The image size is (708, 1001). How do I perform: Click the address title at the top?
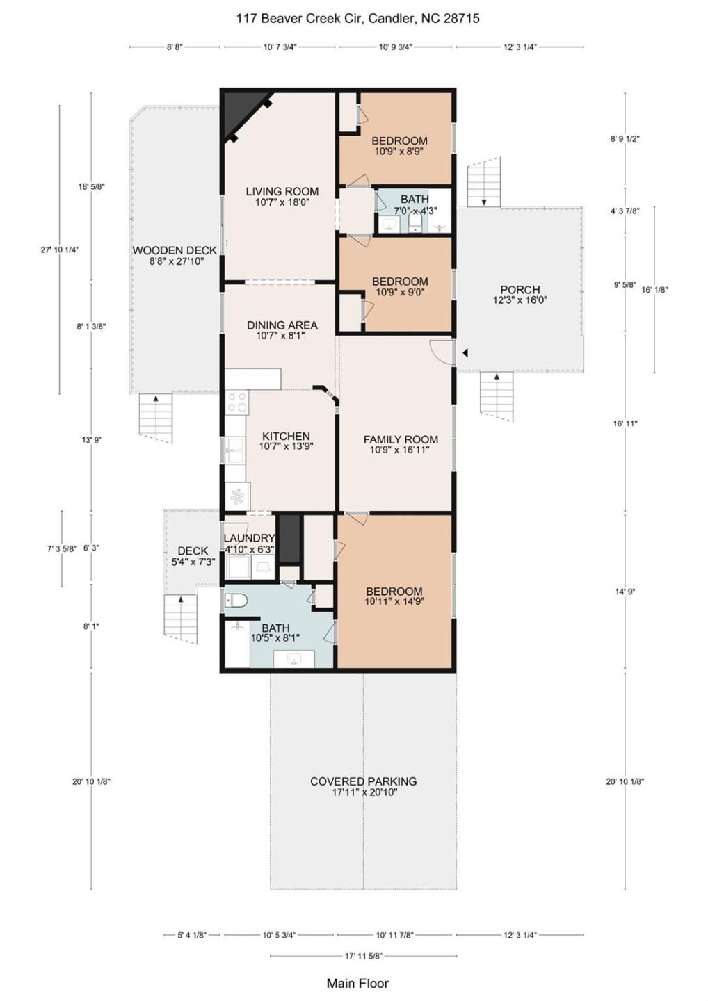[358, 18]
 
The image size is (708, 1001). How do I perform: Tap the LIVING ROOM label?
[282, 191]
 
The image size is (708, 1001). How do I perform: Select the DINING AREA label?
[282, 325]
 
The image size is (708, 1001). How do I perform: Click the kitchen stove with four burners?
[237, 402]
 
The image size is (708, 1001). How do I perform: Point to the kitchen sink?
[234, 450]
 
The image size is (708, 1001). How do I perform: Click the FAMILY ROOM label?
[401, 440]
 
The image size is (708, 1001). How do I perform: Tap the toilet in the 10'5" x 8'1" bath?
[236, 601]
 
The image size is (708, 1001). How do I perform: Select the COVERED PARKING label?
[363, 781]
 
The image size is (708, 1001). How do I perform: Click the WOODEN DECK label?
[175, 251]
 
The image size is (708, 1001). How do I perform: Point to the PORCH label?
[520, 290]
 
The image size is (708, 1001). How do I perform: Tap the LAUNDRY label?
[249, 539]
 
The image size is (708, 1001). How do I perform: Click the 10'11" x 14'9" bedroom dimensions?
[394, 601]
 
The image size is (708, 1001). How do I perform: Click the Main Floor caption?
[357, 983]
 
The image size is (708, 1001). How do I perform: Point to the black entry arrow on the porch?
[465, 353]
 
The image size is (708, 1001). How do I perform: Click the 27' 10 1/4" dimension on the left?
[59, 250]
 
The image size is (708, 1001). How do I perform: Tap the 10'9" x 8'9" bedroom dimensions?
[399, 151]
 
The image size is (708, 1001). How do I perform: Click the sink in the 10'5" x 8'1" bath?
[293, 659]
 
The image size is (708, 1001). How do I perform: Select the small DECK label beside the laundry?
[193, 551]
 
